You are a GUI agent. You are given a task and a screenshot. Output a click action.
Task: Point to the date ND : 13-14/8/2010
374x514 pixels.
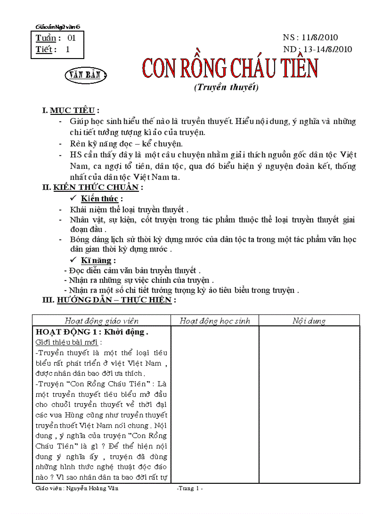click(x=318, y=49)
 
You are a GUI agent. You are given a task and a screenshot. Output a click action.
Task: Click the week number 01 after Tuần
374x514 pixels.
click(x=71, y=38)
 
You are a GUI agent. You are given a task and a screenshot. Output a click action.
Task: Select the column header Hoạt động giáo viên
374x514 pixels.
click(x=101, y=321)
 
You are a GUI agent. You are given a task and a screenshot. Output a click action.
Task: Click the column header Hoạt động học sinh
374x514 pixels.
click(x=214, y=321)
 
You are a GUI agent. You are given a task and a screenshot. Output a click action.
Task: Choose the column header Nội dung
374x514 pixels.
click(x=309, y=321)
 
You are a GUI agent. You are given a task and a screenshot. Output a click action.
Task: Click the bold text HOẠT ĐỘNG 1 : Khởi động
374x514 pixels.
click(x=91, y=332)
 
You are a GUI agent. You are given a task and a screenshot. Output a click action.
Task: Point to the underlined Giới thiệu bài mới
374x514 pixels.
click(x=68, y=342)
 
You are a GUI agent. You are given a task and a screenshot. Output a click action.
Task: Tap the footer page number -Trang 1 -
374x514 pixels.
click(x=189, y=489)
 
